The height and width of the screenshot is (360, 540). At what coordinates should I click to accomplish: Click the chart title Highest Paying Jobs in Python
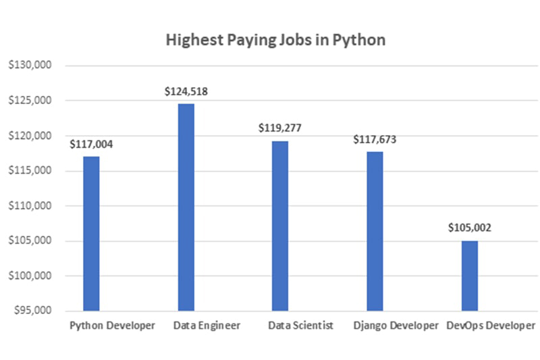[275, 40]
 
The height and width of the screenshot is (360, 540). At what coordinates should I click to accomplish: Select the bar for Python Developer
[91, 233]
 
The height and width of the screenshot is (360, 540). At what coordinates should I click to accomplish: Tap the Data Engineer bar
[186, 207]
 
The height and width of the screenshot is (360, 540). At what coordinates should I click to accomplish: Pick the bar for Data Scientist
[280, 226]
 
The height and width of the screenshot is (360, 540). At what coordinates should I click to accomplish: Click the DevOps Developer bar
[469, 275]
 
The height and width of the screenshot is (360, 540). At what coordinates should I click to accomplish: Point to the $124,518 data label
[186, 91]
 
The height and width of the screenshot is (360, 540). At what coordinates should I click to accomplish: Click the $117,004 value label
[91, 144]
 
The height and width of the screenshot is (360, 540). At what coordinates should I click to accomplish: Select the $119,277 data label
[280, 128]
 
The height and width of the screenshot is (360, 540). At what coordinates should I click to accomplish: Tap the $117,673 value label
[375, 140]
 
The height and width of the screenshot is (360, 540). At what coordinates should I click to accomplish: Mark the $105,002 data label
[469, 228]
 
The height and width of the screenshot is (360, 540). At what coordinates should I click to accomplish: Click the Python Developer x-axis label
[113, 326]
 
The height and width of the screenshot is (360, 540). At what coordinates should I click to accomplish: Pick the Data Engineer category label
[207, 326]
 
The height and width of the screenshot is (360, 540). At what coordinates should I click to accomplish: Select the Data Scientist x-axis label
[300, 326]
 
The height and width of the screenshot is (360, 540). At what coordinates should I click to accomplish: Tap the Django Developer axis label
[396, 326]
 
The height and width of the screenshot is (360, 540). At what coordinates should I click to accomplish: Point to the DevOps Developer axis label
[491, 326]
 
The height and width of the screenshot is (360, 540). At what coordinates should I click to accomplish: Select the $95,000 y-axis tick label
[31, 311]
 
